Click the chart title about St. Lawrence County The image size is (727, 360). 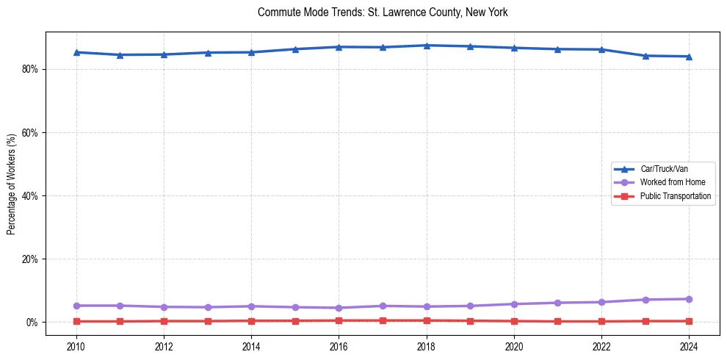point(383,12)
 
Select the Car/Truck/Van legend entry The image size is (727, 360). point(664,169)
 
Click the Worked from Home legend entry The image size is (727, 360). point(673,182)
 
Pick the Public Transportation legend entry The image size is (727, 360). point(675,196)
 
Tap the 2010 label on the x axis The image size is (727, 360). point(76,345)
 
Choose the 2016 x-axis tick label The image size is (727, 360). point(339,345)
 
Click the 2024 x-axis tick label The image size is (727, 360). point(689,345)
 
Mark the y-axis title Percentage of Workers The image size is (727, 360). point(12,184)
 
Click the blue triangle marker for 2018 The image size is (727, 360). point(427,46)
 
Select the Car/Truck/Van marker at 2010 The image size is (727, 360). point(76,52)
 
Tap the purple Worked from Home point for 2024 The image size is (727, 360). point(689,299)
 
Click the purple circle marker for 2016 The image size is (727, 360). point(339,308)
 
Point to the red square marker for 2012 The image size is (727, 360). point(164,321)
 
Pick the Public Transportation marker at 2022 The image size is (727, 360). point(601,321)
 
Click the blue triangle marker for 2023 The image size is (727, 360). point(645,56)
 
